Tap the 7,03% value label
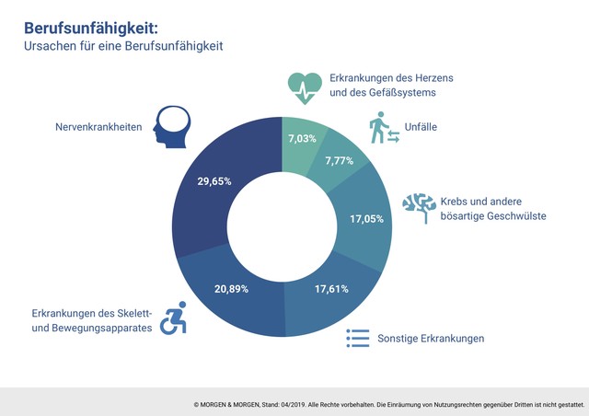[x=304, y=138]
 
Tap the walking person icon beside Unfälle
[x=385, y=128]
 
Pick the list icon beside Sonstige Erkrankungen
[x=357, y=338]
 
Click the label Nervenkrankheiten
[x=98, y=128]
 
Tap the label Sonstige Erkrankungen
[x=431, y=338]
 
